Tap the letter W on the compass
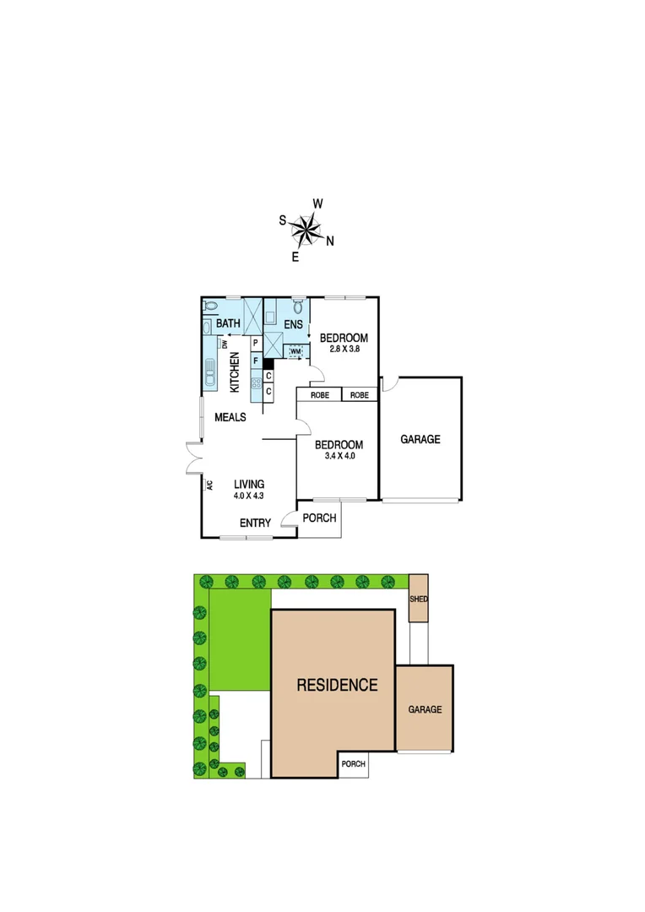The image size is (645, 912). coord(318,204)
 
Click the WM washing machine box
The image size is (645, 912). coord(295,350)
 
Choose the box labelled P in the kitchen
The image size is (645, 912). coord(256,343)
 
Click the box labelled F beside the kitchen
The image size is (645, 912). coord(256,360)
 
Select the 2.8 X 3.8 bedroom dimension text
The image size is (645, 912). coord(344,349)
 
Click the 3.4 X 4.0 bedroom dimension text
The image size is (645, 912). coord(339,456)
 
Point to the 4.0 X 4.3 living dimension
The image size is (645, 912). coord(249,496)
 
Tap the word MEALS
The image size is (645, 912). coord(230,417)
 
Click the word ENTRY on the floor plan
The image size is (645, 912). coord(255,524)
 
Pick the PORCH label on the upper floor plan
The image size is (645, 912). coord(320,518)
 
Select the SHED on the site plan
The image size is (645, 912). coord(419,599)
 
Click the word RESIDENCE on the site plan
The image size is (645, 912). coord(337,685)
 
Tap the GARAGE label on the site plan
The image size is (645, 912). coord(425,709)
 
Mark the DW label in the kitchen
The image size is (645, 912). coord(225,344)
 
